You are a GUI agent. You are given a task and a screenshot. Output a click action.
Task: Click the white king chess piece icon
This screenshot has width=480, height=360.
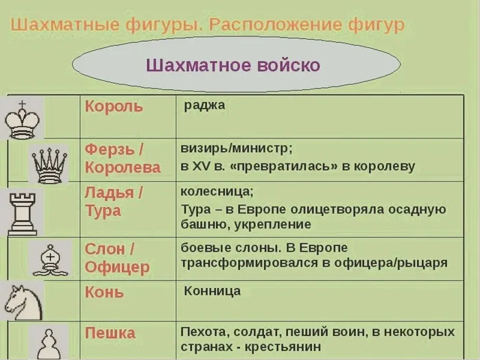click(23, 119)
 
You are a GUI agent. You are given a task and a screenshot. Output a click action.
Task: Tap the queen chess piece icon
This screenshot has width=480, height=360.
click(49, 165)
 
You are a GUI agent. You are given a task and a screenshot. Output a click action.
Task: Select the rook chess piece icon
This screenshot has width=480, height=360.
click(23, 214)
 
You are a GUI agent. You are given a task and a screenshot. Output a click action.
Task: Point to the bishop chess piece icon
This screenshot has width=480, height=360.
click(50, 260)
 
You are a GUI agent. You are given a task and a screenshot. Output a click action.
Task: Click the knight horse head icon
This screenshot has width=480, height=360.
click(23, 302)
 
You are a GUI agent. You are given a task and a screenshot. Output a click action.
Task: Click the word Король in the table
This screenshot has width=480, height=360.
click(114, 107)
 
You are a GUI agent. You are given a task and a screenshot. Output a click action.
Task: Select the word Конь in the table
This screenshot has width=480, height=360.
click(104, 292)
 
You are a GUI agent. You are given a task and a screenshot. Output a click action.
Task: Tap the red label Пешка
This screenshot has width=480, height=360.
click(110, 333)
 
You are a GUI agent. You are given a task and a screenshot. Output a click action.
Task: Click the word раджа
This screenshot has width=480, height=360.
click(204, 106)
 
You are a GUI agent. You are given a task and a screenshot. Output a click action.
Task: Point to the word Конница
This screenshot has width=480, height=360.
click(212, 291)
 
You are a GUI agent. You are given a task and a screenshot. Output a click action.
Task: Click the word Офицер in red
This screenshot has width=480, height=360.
click(117, 267)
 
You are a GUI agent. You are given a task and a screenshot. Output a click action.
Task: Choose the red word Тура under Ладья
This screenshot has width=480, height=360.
click(103, 211)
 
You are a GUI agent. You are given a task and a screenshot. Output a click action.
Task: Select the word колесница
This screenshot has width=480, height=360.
click(217, 191)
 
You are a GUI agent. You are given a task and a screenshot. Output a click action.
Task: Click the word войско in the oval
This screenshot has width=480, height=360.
click(289, 65)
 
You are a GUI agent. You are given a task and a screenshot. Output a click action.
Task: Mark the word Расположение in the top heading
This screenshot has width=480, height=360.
click(275, 25)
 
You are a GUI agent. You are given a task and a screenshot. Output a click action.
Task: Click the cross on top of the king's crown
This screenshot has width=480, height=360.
click(22, 105)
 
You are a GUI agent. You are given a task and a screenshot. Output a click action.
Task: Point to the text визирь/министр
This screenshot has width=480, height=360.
click(237, 149)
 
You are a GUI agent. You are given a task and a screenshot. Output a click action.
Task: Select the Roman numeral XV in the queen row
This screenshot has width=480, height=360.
click(201, 166)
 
